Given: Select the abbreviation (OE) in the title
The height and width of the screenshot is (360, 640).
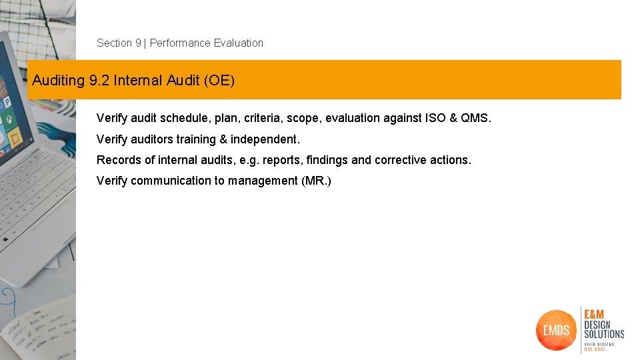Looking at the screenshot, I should point(219,81).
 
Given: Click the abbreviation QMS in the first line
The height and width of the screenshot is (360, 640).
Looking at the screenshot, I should point(475,119).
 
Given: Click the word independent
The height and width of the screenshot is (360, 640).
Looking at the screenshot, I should point(265,139).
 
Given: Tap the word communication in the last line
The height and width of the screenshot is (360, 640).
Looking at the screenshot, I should point(171,181).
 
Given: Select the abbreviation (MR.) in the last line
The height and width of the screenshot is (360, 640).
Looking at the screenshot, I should point(316,181).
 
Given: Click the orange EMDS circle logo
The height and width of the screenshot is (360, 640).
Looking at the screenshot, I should point(555,329).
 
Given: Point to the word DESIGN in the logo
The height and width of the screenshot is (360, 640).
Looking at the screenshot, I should point(599,325).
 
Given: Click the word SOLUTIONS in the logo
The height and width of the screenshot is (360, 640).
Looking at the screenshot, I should point(604,333).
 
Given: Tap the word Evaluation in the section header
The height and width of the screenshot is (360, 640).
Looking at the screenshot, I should point(238,43).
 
